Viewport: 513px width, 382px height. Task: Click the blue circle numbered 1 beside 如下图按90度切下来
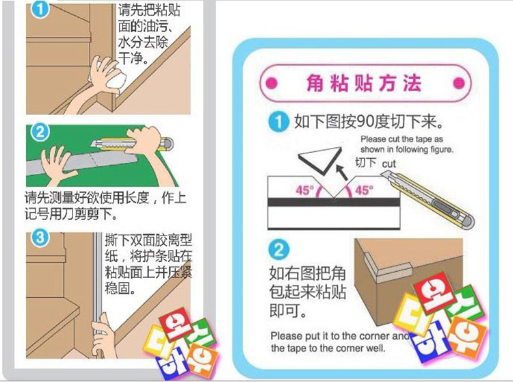pos(277,123)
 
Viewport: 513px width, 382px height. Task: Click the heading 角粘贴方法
pos(363,84)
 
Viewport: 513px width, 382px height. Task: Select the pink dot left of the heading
pos(271,85)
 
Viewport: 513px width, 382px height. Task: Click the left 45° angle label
pos(304,191)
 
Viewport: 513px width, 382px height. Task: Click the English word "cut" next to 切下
pos(389,164)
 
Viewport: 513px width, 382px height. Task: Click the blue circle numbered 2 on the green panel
pos(40,131)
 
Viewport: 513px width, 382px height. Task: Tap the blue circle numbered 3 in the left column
pos(40,238)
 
